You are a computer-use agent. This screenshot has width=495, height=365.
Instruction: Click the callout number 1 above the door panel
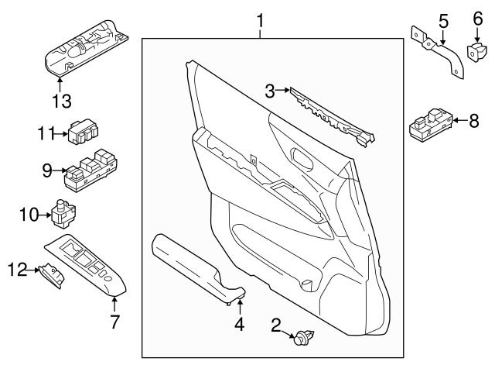tap(261, 17)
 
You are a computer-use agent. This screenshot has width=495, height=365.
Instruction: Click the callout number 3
tap(270, 91)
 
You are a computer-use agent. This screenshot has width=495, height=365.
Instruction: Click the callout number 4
tap(239, 325)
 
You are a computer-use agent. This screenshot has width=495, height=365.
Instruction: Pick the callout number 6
tap(476, 17)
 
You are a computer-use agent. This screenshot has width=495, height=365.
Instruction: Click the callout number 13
tap(61, 101)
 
